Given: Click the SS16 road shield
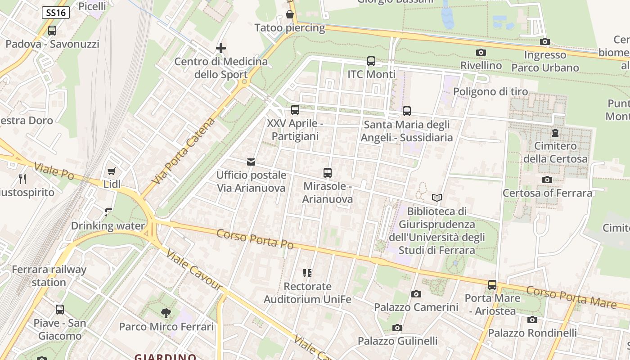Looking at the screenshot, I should point(56,13).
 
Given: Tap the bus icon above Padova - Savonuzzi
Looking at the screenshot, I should point(52,31).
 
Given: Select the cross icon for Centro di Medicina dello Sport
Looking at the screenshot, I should point(221,48).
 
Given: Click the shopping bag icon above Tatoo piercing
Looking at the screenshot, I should point(290,14).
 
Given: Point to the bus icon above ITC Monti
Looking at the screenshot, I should point(371,61).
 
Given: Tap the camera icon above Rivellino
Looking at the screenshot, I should point(481,52).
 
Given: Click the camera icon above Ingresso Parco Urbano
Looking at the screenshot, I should point(545,41).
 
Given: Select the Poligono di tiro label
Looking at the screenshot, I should point(490,92).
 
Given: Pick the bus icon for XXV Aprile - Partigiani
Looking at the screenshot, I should point(295,109).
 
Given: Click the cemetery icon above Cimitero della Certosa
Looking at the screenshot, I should point(555,133).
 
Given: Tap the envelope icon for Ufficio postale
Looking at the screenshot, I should point(251,162).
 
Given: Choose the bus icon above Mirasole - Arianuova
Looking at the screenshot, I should point(328,172).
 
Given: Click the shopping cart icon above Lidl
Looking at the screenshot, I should point(112,171).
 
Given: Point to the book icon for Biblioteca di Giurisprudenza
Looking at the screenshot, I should point(436,198).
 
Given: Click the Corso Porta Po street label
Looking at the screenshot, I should point(255,239).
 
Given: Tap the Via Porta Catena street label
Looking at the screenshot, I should point(183,151).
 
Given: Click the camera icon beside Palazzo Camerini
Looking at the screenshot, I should point(416,294).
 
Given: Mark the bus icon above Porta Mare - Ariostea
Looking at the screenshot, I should point(492,284).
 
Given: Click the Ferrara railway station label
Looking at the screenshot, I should point(49,276).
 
